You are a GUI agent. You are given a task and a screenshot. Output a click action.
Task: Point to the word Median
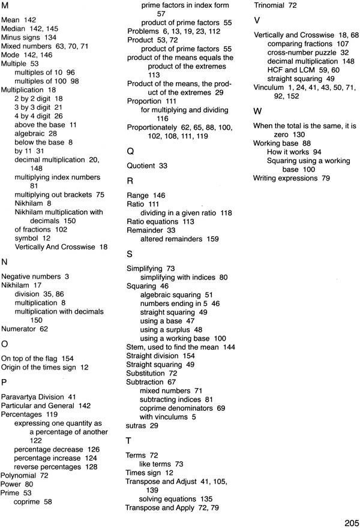coord(13,28)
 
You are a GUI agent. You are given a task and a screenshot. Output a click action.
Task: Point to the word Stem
coord(135,347)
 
